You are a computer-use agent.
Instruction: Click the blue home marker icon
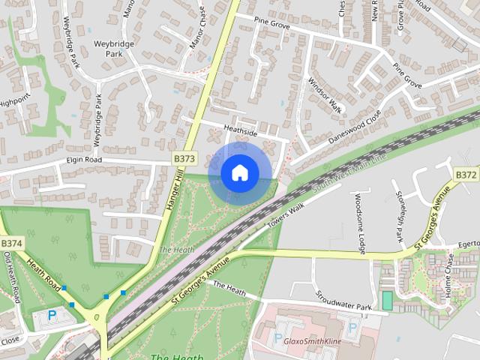(x=239, y=172)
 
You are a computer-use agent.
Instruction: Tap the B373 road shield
(x=184, y=159)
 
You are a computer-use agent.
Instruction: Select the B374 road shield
(x=12, y=244)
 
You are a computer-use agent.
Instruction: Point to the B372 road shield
(x=466, y=175)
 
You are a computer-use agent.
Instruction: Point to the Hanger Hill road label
(x=173, y=194)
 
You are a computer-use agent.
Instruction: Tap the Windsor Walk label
(x=325, y=95)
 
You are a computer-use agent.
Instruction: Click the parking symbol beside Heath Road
(x=52, y=316)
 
